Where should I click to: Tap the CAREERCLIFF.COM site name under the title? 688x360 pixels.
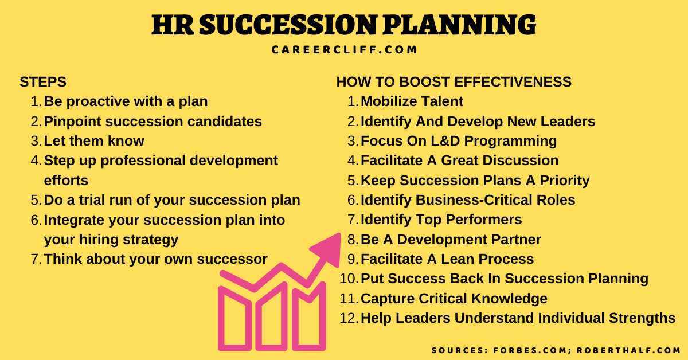coord(344,50)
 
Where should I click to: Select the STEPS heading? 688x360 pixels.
coord(43,82)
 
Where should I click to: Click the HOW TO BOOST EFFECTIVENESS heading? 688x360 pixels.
coord(454,82)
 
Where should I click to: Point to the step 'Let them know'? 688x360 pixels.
coord(94,141)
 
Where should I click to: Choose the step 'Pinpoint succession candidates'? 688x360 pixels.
coord(153,122)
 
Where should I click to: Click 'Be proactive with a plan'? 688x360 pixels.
coord(126,102)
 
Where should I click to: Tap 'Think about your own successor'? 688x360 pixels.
coord(155,259)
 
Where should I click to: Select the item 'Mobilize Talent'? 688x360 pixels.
coord(412,102)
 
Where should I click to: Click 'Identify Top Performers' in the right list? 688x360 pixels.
coord(441,220)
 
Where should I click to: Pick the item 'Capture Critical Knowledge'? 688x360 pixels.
coord(454,299)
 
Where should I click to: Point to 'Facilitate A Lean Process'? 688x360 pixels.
coord(447,259)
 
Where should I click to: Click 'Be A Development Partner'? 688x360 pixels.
coord(451,240)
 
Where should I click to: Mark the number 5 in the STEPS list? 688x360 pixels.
coord(36,201)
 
